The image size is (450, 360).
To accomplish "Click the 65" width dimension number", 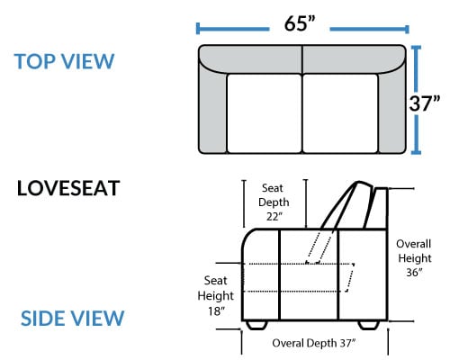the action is coord(300,23).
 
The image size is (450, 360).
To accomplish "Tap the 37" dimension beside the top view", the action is coord(425,103).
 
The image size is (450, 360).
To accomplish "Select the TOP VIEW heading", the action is coord(64,61).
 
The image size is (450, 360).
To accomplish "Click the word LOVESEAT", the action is coord(68,188).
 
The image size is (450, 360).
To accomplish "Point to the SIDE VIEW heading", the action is coord(72,318).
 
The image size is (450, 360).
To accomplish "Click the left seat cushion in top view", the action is coord(265,113).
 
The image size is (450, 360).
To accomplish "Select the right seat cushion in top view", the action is coord(340,113).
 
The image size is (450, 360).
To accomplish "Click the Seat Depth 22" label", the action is coord(274,202).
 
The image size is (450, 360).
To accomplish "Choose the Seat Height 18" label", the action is coord(216,296).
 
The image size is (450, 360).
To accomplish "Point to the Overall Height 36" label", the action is coord(414,258).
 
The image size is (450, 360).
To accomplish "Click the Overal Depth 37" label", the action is coord(314,343).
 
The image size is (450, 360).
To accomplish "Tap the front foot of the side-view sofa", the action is coord(256,325).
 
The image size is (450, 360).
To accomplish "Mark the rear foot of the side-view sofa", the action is coord(369,325).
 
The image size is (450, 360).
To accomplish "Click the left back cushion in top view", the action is coord(250,59).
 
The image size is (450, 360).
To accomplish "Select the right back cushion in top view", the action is coord(354,59).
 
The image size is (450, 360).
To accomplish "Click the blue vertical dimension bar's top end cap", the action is coord(416,48).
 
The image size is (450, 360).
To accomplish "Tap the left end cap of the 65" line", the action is coord(198,29).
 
